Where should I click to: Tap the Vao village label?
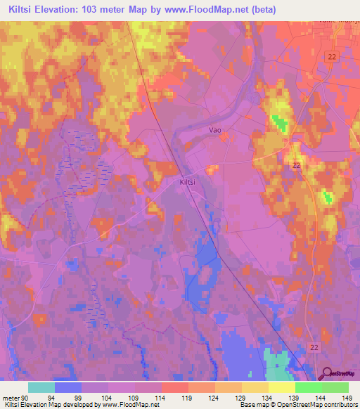[216, 130]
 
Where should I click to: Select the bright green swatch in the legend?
[308, 387]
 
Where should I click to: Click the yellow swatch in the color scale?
[281, 387]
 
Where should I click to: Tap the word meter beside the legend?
[8, 398]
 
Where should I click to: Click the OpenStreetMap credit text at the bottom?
[309, 405]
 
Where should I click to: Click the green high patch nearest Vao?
[281, 122]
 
